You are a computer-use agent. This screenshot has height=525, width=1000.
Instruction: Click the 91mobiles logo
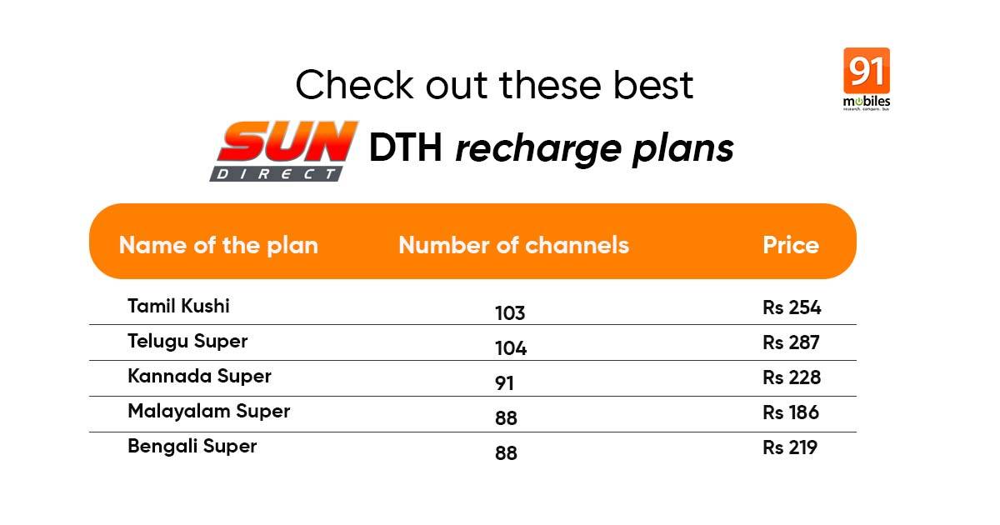(x=867, y=79)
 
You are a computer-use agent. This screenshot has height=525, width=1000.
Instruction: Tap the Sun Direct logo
(x=284, y=151)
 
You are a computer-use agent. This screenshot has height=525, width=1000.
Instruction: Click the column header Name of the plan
(x=218, y=245)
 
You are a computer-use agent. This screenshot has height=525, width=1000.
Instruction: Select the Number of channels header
(x=513, y=245)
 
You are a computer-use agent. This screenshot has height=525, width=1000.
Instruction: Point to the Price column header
(x=791, y=245)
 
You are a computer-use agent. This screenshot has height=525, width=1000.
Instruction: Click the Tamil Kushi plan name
(x=178, y=307)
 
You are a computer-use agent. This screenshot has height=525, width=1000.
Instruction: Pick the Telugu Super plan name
(x=187, y=342)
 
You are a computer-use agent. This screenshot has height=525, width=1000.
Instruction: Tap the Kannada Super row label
(x=199, y=377)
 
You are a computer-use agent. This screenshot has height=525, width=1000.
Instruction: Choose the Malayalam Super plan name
(x=209, y=412)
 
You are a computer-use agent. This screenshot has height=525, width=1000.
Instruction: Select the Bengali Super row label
(x=192, y=447)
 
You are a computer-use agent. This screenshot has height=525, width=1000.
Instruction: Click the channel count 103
(x=510, y=313)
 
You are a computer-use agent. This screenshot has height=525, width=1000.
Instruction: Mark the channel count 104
(x=511, y=348)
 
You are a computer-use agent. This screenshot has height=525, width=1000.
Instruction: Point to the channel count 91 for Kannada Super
(x=504, y=383)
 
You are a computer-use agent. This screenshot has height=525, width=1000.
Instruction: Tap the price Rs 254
(x=792, y=307)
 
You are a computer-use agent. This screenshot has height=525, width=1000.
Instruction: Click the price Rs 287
(x=791, y=342)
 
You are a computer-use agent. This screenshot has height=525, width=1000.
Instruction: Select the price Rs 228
(x=792, y=377)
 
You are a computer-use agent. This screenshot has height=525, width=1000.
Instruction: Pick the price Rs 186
(x=791, y=412)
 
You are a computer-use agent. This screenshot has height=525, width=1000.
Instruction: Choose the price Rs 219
(x=790, y=447)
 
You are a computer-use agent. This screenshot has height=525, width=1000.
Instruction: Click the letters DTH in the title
(x=405, y=147)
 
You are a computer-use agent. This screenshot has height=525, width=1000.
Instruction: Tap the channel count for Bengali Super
(x=506, y=453)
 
